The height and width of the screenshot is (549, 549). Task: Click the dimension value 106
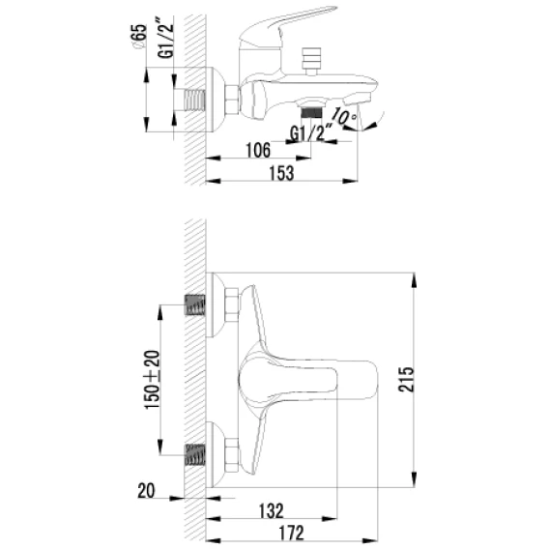point(258,150)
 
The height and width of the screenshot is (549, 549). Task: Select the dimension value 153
point(281,173)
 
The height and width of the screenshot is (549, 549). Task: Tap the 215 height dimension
point(406,379)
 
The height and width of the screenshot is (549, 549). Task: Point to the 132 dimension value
point(271,511)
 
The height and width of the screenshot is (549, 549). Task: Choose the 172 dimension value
point(291,533)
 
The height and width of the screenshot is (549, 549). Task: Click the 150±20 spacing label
point(152,380)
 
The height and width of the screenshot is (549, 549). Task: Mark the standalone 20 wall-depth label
point(146,491)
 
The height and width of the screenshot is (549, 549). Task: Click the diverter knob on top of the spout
point(311,61)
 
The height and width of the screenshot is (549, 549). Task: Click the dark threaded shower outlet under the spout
point(311,112)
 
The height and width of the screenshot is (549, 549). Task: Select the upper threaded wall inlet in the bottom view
point(194,304)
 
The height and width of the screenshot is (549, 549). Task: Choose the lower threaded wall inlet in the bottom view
point(194,455)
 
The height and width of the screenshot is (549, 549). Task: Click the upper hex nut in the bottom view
point(231,304)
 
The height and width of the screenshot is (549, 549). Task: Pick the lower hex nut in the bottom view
point(231,455)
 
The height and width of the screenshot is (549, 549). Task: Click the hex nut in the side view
point(231,100)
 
